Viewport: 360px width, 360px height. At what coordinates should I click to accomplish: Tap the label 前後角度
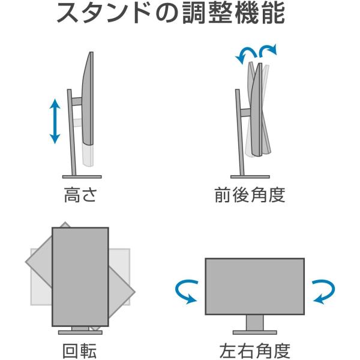(x=250, y=195)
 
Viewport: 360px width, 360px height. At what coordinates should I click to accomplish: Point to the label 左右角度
(x=255, y=349)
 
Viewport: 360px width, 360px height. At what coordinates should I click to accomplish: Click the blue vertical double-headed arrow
(x=55, y=121)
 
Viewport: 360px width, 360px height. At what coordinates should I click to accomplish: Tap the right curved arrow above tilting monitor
(x=268, y=50)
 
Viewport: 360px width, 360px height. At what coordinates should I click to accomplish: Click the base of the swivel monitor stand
(x=254, y=331)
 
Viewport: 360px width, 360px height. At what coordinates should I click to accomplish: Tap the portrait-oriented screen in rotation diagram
(x=80, y=276)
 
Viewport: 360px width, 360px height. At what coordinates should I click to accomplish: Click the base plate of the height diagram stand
(x=80, y=176)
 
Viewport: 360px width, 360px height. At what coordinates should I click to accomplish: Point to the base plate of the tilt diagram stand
(x=248, y=176)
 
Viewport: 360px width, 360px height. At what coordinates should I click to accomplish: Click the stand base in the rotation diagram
(x=80, y=332)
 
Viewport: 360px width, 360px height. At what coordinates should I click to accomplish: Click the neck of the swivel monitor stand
(x=254, y=322)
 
